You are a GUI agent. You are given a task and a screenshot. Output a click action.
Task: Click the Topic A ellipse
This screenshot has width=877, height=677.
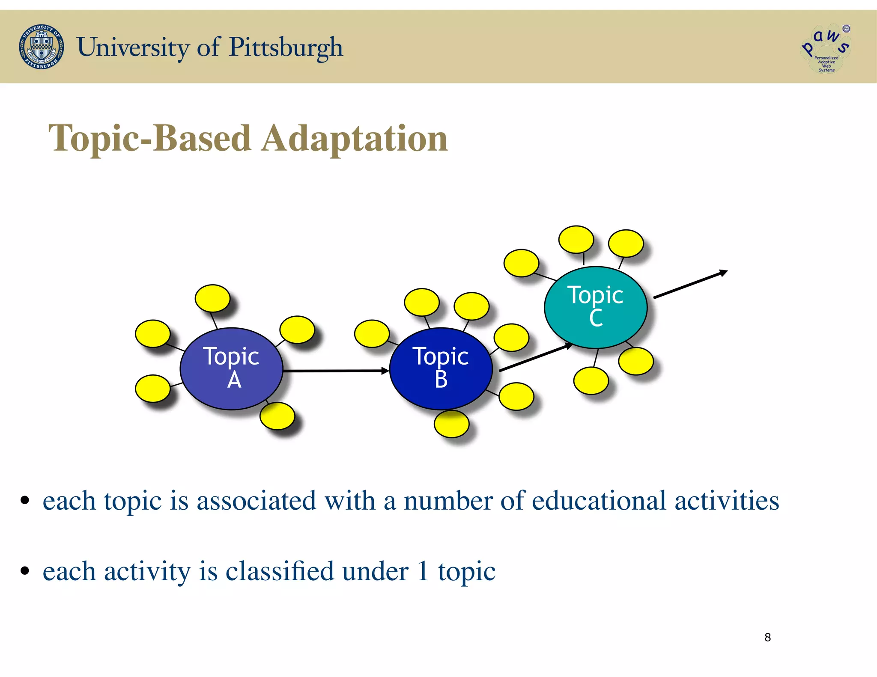pos(231,368)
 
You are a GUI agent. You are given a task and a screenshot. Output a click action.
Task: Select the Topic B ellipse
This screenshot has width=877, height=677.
pos(441,368)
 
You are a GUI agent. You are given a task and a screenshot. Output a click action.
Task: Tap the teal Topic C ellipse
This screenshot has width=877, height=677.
pos(595,307)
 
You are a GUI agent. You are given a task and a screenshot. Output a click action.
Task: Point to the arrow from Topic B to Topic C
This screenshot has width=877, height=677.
pos(535,357)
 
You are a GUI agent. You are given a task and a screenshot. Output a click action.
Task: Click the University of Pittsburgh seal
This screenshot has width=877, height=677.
pos(42,47)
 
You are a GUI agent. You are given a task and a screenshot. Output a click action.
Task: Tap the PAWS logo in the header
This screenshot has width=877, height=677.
pos(825,48)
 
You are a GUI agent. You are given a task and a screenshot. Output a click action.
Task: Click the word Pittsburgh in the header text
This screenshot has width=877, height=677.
pos(286,47)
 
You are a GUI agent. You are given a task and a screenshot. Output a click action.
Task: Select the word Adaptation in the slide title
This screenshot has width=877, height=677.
pos(355,138)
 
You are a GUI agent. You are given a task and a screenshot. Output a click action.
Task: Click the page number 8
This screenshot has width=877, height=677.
pos(767,637)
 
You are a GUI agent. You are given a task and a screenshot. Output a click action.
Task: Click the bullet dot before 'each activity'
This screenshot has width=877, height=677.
pos(25,571)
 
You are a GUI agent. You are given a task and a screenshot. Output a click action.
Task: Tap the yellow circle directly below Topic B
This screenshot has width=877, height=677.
pos(451,424)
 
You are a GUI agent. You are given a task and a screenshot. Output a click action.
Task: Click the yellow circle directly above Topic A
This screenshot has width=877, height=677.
pos(212,298)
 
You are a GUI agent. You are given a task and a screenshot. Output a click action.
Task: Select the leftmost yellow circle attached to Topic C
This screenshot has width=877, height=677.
pos(521,263)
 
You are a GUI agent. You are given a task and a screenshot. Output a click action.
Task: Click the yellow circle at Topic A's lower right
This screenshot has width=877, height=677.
pos(277,416)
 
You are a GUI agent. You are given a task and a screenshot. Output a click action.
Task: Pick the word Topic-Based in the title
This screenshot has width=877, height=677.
pos(149,138)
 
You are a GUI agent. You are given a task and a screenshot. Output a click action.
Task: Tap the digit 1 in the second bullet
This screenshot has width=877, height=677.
pos(423,571)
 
